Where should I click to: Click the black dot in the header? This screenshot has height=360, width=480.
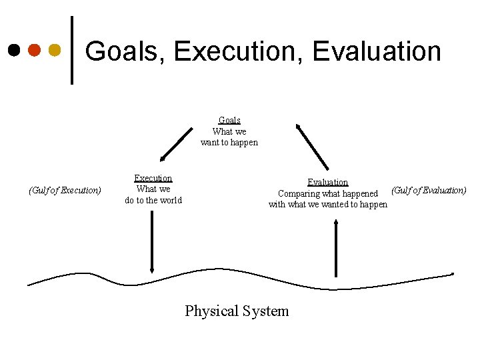(14, 50)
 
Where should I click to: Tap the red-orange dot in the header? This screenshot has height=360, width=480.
(35, 50)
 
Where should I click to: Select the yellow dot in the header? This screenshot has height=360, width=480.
(55, 50)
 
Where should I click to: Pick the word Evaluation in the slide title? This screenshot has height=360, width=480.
(377, 51)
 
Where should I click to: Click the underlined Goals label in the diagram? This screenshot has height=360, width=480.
(229, 121)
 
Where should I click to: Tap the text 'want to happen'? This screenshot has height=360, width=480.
(229, 143)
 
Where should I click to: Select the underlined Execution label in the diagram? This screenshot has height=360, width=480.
(153, 178)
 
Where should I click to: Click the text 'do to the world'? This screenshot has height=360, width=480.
(153, 200)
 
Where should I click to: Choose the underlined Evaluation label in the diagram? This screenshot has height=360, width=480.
(327, 182)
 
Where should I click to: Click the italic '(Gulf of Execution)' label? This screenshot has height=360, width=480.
(65, 191)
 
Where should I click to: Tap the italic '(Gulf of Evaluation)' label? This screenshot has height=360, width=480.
(429, 191)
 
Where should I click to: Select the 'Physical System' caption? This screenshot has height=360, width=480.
(237, 311)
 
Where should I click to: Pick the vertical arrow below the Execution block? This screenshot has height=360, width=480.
(153, 241)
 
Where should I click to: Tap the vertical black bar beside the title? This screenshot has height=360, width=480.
(72, 51)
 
